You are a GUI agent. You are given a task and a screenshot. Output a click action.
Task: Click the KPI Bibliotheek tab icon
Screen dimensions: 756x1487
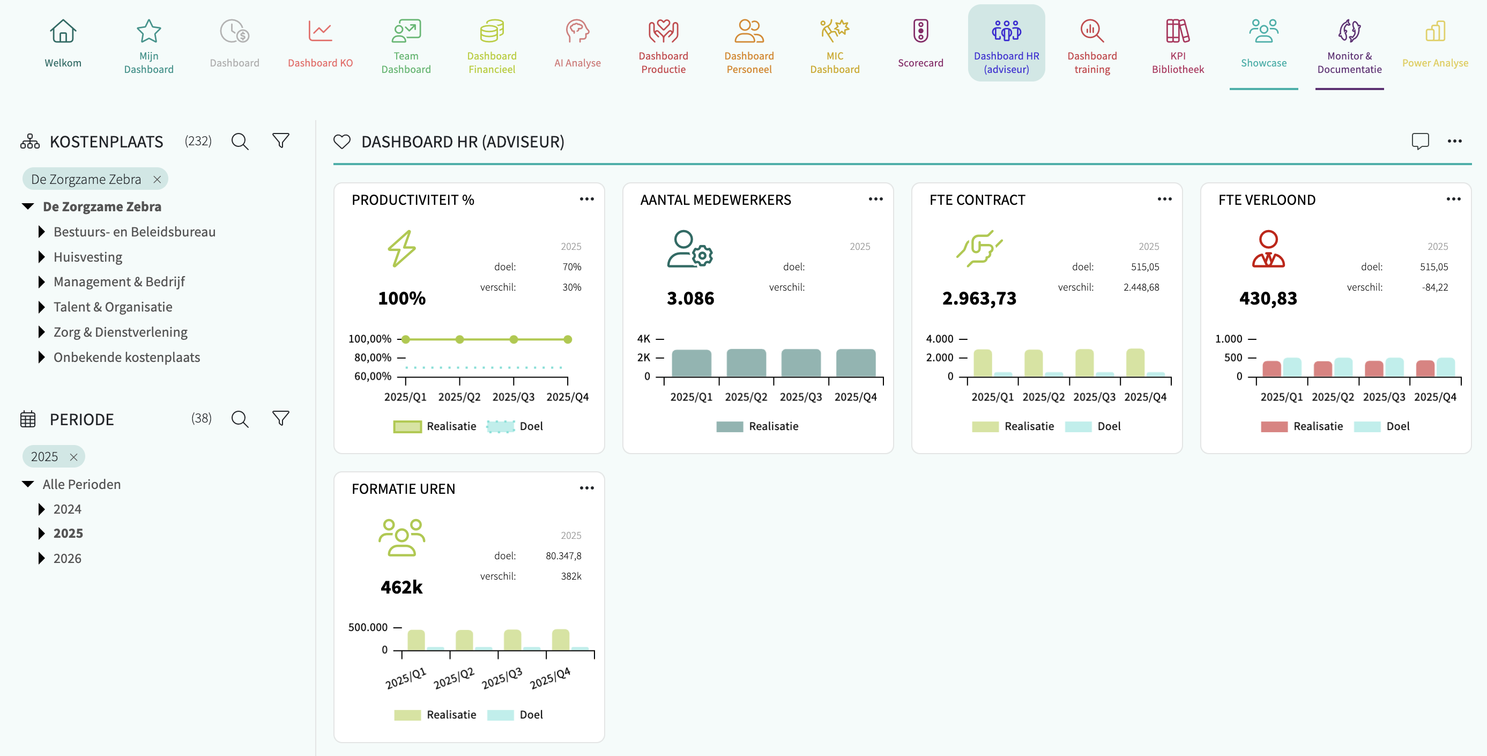tap(1178, 31)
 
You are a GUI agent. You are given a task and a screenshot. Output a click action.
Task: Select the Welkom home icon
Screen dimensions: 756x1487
tap(63, 31)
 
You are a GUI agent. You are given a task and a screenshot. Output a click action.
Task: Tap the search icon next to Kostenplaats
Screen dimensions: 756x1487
tap(240, 142)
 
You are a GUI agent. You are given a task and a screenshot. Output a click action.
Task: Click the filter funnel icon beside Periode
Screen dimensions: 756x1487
tap(280, 418)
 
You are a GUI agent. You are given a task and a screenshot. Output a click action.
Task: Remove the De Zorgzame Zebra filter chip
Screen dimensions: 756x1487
tap(157, 180)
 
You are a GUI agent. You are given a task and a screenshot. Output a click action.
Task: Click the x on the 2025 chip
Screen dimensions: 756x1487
tap(73, 457)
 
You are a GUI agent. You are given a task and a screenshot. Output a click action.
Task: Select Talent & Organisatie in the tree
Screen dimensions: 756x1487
tap(113, 307)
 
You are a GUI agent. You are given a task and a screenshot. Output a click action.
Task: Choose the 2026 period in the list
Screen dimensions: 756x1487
tap(68, 559)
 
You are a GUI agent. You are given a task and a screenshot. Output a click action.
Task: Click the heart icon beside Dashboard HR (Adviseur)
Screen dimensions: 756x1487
tap(342, 142)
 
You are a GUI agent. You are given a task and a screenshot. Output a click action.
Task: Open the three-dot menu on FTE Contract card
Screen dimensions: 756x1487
tap(1164, 199)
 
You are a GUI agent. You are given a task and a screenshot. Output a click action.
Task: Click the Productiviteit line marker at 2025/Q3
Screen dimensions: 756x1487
tap(514, 339)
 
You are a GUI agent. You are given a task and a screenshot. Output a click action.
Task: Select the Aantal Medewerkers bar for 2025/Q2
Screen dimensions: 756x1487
tap(746, 362)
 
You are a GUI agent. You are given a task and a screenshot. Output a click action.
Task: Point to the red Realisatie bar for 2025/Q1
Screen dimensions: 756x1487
tap(1271, 368)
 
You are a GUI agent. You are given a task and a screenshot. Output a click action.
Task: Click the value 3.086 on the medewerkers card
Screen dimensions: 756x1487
tap(690, 299)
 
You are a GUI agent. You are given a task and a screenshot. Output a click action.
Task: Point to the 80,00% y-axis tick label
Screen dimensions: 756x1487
tap(373, 358)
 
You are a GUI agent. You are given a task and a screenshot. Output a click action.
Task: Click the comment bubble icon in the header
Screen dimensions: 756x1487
tap(1420, 142)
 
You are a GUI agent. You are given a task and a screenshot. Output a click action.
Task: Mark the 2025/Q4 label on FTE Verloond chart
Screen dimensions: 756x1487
tap(1435, 397)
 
